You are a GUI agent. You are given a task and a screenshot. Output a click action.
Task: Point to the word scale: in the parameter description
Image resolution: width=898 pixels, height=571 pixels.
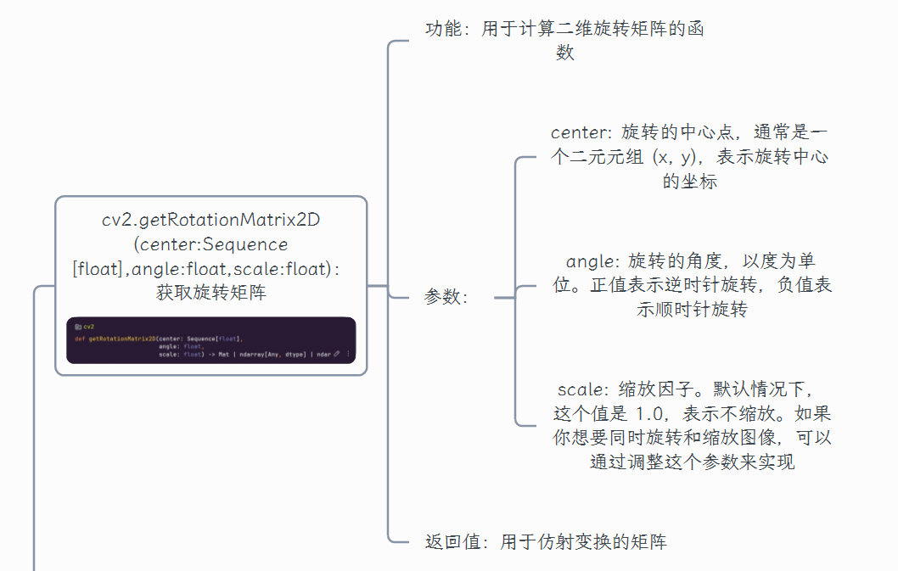[582, 390]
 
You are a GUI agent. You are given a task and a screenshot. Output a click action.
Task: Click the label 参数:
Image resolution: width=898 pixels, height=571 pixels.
[445, 298]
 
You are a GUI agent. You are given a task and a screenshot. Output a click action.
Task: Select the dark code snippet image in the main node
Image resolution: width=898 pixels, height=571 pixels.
[211, 340]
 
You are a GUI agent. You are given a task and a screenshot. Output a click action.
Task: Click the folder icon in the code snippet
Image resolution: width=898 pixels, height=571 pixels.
[77, 326]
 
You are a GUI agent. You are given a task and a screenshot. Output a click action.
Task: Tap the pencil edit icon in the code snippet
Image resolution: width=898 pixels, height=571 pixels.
[337, 354]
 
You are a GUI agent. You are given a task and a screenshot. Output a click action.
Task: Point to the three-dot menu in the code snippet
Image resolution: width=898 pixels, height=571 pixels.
[348, 354]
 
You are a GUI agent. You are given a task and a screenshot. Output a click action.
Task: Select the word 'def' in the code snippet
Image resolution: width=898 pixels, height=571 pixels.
[80, 339]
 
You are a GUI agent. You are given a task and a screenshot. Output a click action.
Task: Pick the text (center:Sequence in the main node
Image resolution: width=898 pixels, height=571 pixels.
[211, 244]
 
